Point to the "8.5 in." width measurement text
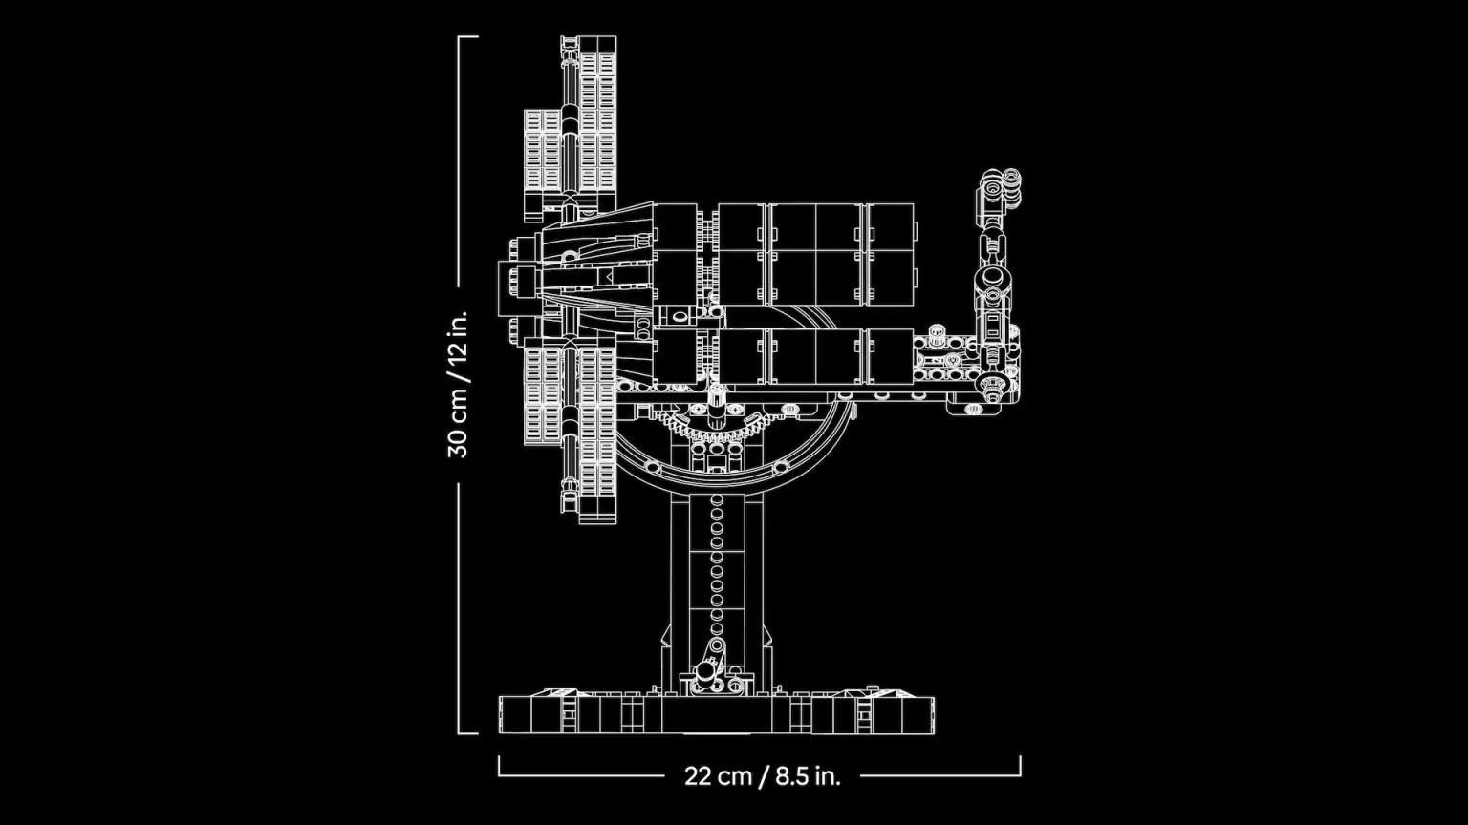coord(808,775)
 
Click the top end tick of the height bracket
coord(467,37)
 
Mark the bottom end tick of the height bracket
coord(467,733)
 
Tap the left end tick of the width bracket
coord(499,766)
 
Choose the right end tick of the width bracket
coord(1020,766)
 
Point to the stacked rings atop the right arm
coord(1000,188)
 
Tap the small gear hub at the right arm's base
coord(993,384)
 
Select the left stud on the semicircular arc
coord(652,466)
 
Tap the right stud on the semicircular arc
coord(780,466)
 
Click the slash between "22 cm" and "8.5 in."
coord(764,775)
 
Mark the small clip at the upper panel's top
coord(571,43)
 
